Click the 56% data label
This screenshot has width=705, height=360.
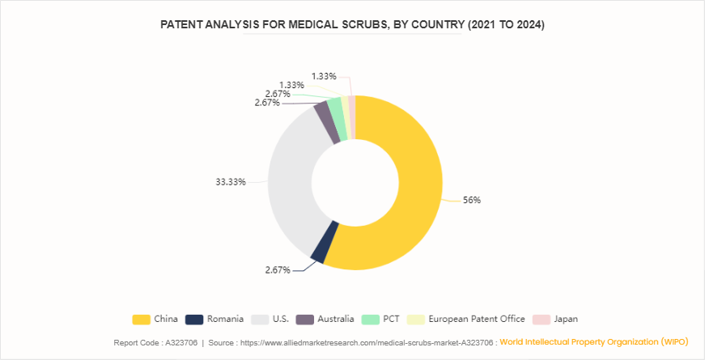pyautogui.click(x=471, y=200)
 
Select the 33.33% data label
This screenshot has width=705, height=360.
pyautogui.click(x=231, y=182)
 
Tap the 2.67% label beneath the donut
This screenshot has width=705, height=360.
pyautogui.click(x=278, y=269)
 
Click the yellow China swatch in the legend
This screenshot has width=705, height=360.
pyautogui.click(x=141, y=319)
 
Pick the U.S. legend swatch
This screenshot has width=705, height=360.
pyautogui.click(x=261, y=319)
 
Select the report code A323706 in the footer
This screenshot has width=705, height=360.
pyautogui.click(x=180, y=343)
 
